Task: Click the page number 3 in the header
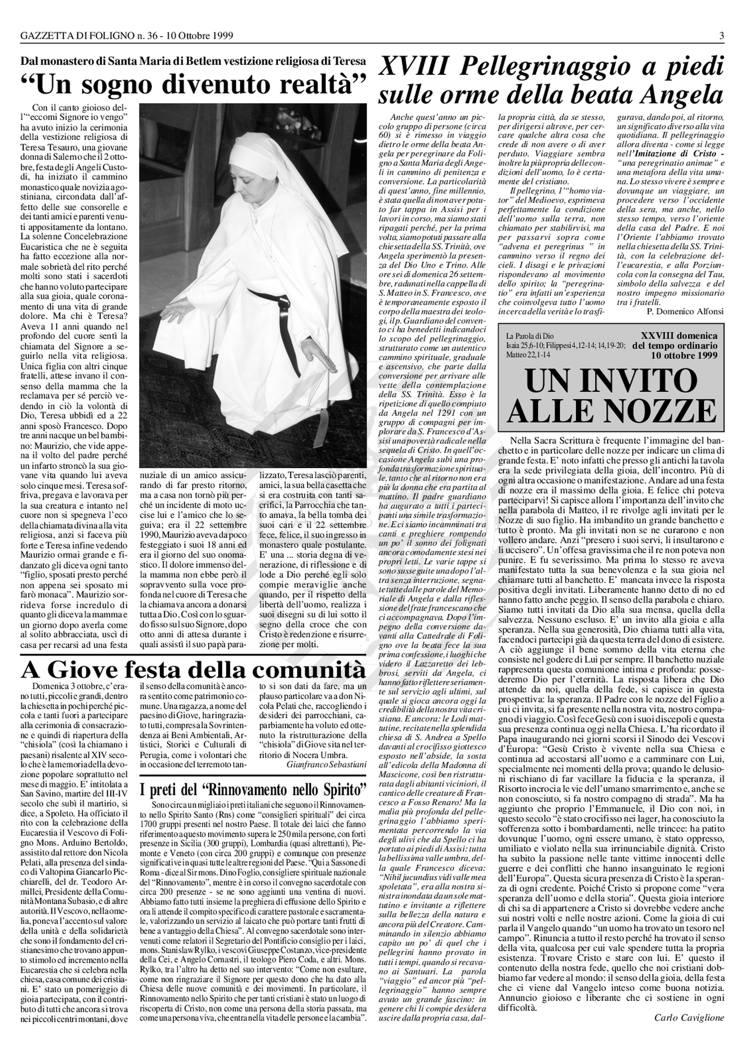[x=721, y=35]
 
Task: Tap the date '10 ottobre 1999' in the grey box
[x=684, y=355]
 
